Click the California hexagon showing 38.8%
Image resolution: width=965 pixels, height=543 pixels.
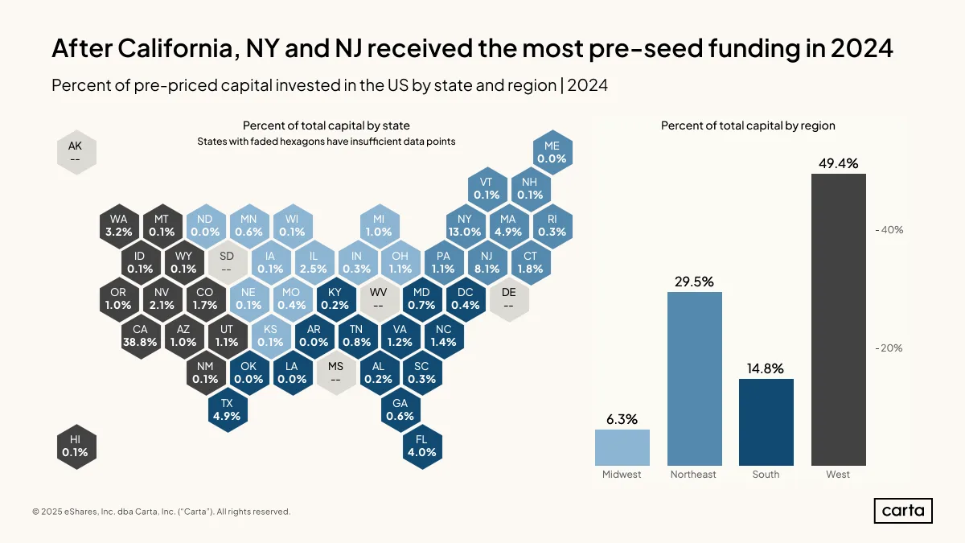click(140, 335)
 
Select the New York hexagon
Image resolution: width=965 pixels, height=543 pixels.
click(465, 225)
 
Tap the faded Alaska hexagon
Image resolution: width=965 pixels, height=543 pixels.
click(76, 152)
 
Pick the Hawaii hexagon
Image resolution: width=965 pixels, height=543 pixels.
click(76, 446)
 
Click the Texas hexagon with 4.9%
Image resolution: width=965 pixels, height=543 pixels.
click(227, 409)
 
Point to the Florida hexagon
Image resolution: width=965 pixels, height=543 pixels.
click(421, 446)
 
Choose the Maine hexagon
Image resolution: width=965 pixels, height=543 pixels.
click(552, 152)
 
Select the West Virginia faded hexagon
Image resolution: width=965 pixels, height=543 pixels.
click(378, 298)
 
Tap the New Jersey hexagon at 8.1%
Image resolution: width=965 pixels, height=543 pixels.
click(487, 262)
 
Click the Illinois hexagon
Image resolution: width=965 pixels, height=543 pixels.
click(314, 262)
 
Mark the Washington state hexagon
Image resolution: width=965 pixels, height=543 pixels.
click(118, 225)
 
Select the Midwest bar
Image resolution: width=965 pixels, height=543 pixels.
click(622, 447)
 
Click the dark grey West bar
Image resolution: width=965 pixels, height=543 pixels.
click(838, 319)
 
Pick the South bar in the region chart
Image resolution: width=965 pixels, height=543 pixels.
click(766, 422)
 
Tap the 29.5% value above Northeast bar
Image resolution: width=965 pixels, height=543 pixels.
click(694, 282)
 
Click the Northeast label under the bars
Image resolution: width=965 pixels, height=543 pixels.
click(693, 474)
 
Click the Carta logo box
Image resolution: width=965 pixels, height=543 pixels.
click(903, 511)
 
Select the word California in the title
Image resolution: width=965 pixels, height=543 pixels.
click(179, 47)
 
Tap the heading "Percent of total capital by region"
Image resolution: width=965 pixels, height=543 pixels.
click(748, 125)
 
